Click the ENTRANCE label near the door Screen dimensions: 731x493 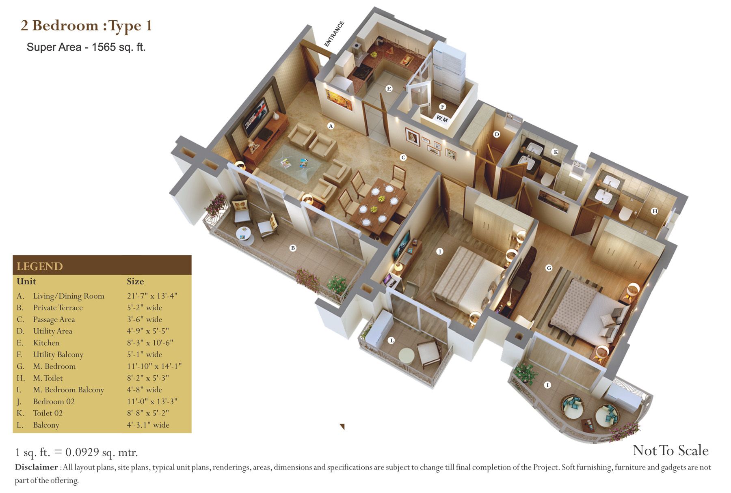pos(334,34)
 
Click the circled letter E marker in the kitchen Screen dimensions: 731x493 pos(389,88)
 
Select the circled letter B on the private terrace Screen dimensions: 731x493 pos(293,248)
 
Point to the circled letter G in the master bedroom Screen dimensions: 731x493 pos(549,268)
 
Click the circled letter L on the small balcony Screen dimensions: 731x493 pos(391,340)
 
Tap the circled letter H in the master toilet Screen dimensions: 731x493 pos(654,211)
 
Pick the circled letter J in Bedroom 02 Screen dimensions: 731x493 pos(439,252)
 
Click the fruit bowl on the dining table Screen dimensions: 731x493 pos(381,199)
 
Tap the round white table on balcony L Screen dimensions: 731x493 pos(407,355)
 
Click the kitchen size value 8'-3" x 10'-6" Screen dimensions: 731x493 pos(150,343)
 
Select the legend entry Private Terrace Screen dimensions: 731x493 pos(58,308)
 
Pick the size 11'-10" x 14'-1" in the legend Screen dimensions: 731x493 pos(154,366)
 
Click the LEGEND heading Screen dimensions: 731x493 pos(40,267)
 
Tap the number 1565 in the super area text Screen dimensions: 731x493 pos(104,47)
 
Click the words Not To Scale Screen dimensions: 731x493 pos(670,450)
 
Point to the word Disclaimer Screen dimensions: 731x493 pos(37,467)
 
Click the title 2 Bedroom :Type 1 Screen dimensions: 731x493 pos(87,26)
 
